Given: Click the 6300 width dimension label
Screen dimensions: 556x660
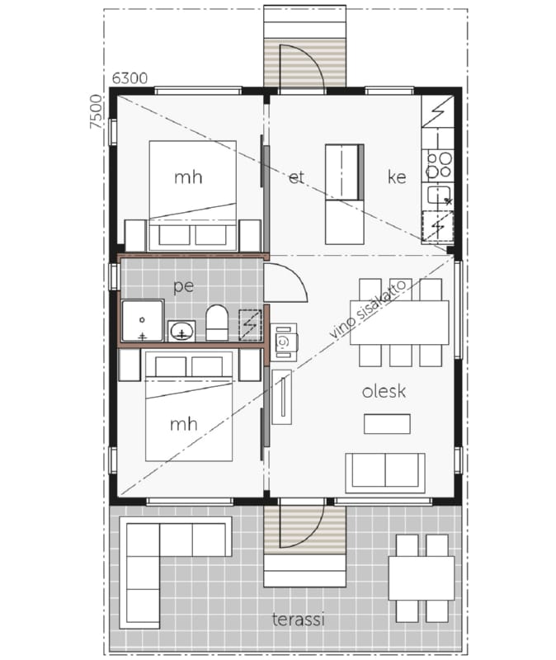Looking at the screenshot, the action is click(130, 78).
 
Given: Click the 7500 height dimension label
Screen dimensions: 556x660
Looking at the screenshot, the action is click(96, 111).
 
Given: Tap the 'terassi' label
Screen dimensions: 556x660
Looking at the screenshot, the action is click(298, 620).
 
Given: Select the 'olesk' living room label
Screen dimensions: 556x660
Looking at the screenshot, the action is click(384, 391).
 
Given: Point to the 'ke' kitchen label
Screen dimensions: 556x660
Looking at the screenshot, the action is click(397, 177).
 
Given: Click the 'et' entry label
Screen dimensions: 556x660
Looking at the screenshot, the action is click(296, 177).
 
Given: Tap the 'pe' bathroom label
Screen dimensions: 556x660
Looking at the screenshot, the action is click(184, 286).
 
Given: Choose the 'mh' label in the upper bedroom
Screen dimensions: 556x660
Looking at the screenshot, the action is click(188, 177).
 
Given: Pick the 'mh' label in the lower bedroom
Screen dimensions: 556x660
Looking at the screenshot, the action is click(183, 424).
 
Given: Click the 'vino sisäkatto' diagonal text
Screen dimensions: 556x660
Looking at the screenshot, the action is click(367, 309).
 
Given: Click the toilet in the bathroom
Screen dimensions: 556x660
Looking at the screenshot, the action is click(217, 323).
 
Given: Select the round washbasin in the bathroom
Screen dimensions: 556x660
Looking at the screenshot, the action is click(181, 332).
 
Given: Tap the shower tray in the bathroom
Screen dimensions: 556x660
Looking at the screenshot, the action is click(142, 320).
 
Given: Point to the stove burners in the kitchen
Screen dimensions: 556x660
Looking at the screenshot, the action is click(439, 164).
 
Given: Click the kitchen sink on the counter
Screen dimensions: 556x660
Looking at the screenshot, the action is click(437, 196).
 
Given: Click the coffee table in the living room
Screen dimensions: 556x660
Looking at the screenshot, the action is click(387, 424).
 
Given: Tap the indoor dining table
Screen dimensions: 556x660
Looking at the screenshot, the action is click(399, 323).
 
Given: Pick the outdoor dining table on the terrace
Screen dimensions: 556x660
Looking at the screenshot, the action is click(422, 578).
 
